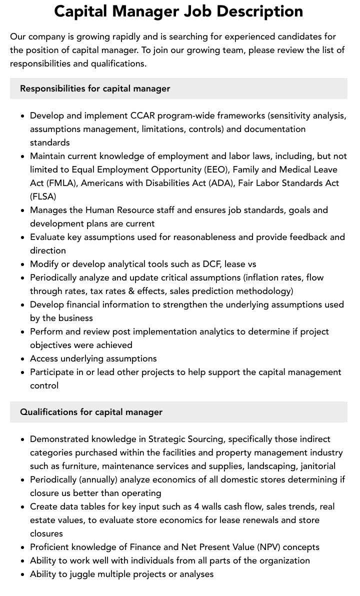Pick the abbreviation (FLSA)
43,196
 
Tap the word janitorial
316,466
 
